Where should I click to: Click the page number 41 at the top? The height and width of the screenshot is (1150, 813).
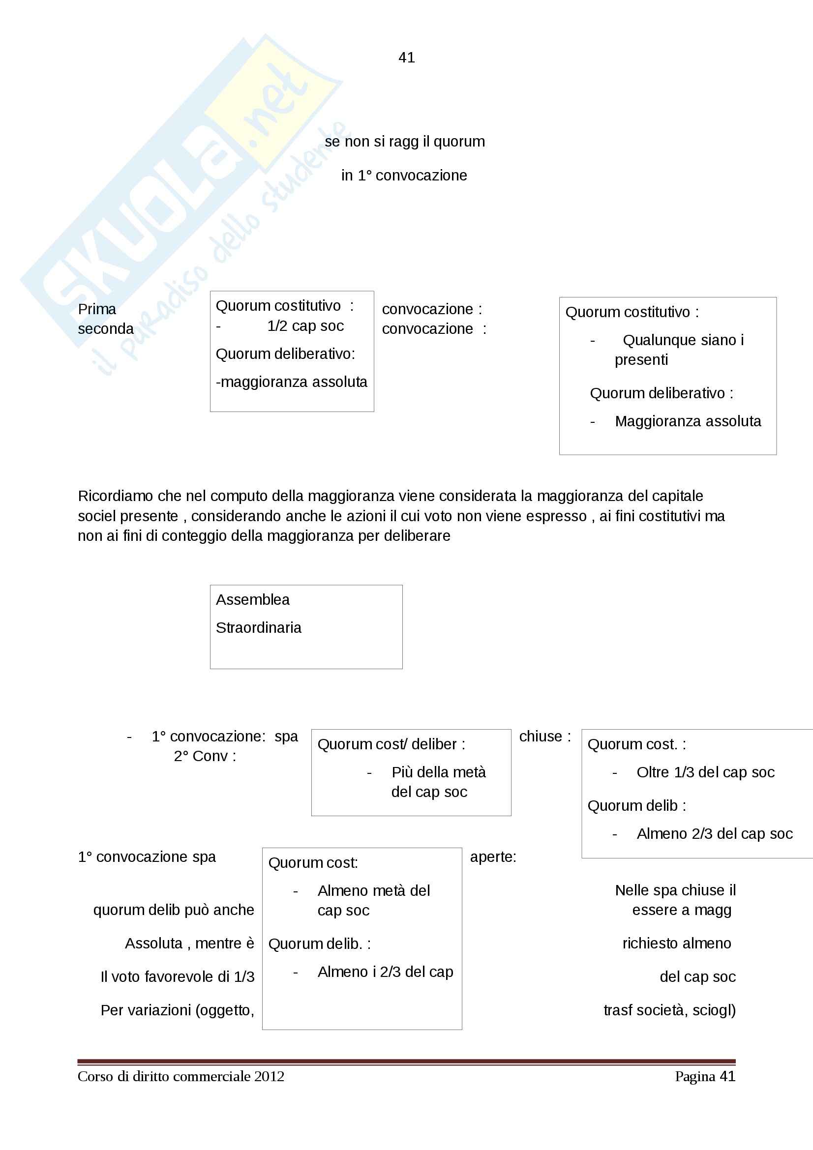406,58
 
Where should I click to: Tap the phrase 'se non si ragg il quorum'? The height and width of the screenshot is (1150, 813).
405,142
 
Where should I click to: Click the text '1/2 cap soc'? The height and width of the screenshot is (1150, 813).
305,326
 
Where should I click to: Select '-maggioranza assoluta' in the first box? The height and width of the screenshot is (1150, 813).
292,382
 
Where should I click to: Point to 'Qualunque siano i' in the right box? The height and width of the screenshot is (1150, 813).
683,340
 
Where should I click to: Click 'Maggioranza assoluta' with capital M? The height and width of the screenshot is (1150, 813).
688,421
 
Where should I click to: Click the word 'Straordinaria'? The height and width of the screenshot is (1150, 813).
259,627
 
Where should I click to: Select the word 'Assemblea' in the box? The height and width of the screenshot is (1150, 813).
252,599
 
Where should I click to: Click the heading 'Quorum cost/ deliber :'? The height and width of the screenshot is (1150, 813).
391,744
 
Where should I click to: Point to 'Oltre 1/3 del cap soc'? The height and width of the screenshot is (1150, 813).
705,772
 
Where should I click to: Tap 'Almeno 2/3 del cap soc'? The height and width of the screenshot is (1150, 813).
714,833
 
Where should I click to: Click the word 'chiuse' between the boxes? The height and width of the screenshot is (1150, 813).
541,737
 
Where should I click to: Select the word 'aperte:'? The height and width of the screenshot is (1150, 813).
493,857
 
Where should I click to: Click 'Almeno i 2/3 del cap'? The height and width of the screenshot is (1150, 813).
385,972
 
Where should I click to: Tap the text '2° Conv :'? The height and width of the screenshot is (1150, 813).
205,756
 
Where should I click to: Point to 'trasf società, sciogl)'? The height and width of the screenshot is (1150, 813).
669,1010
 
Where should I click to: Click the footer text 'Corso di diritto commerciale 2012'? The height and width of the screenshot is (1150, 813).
181,1076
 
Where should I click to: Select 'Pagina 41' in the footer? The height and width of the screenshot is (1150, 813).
705,1076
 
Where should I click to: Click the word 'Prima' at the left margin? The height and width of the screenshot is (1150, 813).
97,309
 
